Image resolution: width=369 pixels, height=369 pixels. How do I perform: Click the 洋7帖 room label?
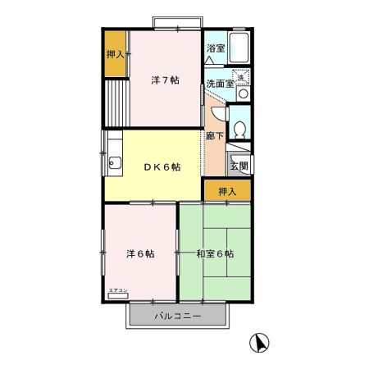click(x=166, y=81)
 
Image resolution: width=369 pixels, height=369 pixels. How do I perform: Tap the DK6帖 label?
click(x=162, y=166)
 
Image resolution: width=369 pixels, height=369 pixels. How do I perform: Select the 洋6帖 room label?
click(x=140, y=253)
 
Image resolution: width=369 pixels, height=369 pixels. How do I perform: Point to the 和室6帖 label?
click(x=215, y=253)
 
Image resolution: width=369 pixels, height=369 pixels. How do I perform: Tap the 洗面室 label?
click(x=219, y=84)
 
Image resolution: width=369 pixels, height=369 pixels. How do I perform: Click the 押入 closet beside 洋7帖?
click(x=116, y=55)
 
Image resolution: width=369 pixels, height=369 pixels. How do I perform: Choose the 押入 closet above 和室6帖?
click(x=227, y=191)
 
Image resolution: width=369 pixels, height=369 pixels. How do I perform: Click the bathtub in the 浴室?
click(x=241, y=50)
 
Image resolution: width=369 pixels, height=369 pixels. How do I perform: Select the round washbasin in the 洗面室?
click(x=240, y=94)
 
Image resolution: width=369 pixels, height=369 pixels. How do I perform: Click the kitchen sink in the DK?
click(x=112, y=161)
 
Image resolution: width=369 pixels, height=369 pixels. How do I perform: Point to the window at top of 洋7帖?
click(x=175, y=20)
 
